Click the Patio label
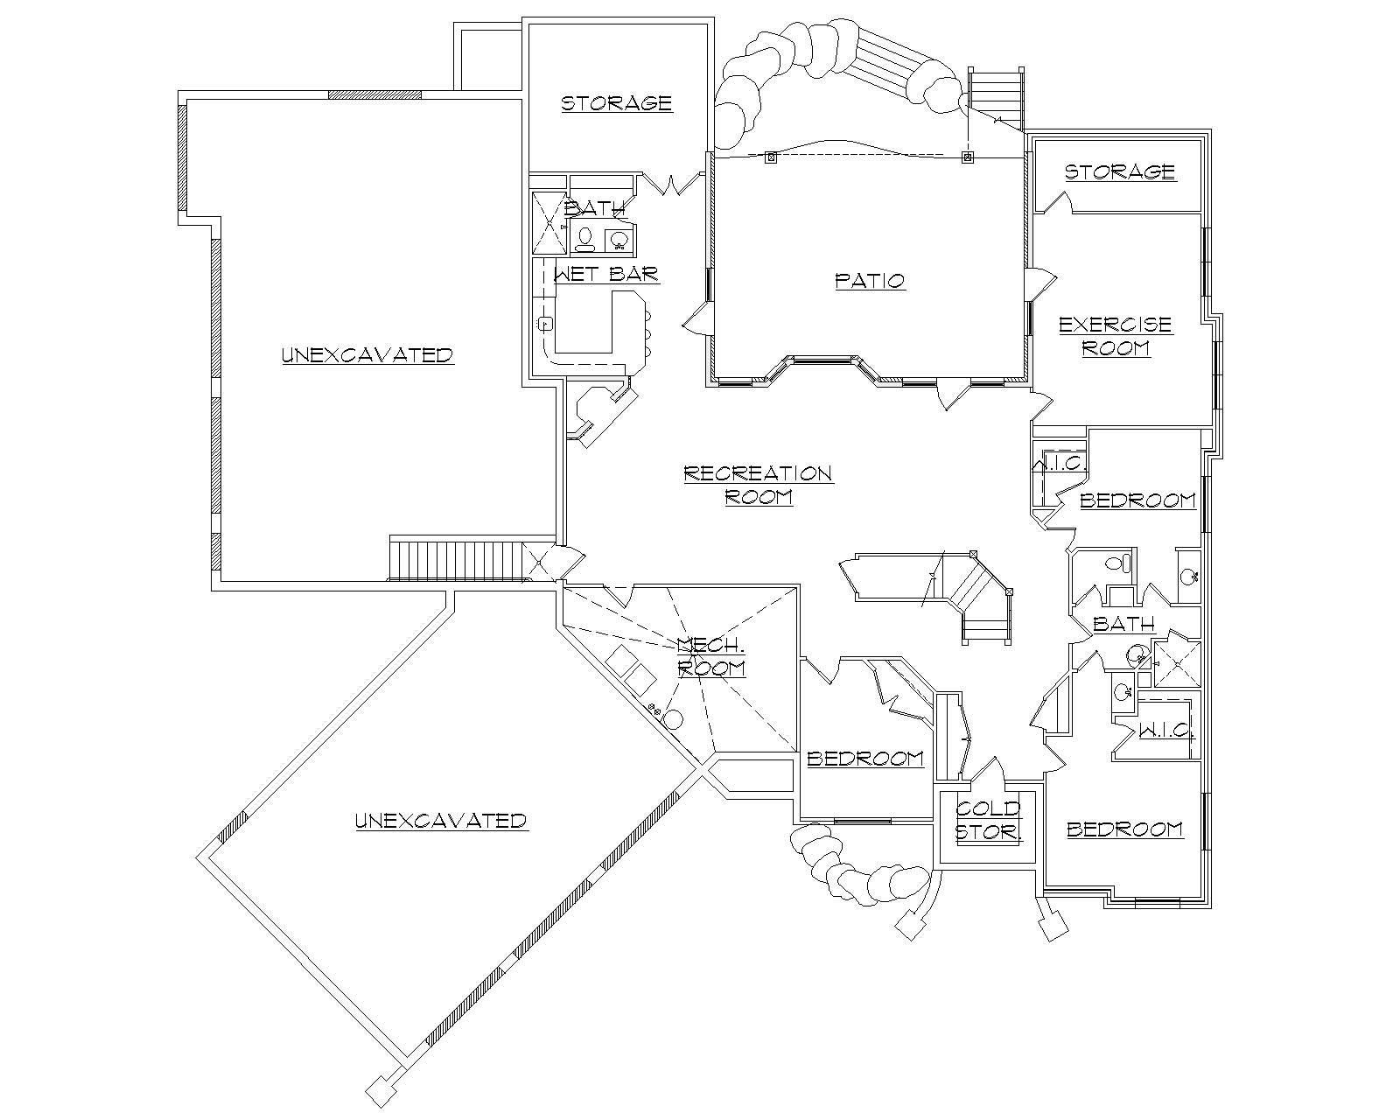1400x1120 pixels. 870,281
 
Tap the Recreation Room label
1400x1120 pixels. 758,485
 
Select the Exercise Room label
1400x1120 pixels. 1116,336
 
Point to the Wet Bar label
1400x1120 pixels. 606,275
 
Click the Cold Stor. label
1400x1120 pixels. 988,820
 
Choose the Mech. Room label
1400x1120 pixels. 711,657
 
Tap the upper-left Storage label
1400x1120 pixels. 616,103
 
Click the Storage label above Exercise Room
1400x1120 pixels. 1119,171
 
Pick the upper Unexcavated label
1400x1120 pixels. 367,355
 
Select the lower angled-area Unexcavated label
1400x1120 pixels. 441,821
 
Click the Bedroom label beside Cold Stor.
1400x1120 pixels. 865,758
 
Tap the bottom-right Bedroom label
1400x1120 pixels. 1125,829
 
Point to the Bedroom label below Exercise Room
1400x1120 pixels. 1137,500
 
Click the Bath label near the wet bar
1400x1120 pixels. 595,208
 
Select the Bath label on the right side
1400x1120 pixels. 1124,625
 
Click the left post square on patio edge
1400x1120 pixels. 771,157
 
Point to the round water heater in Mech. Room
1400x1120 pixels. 673,719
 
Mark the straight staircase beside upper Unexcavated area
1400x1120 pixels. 455,560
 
